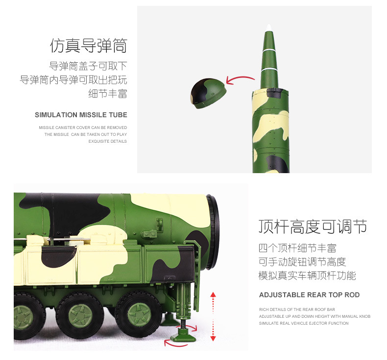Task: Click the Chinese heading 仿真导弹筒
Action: tap(88, 46)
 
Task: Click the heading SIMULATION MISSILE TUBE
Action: tap(81, 115)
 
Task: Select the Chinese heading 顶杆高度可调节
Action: tap(313, 227)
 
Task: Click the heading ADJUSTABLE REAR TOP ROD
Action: tap(309, 295)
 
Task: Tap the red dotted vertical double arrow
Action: tap(213, 316)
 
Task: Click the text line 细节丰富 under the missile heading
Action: tap(108, 93)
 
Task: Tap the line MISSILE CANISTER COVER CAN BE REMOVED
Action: tap(83, 128)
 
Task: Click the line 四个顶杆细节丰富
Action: tap(297, 248)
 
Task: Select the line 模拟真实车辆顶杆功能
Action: tap(307, 275)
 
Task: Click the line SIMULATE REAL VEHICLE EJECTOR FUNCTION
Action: tap(304, 323)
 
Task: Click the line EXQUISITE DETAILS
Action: tap(107, 141)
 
